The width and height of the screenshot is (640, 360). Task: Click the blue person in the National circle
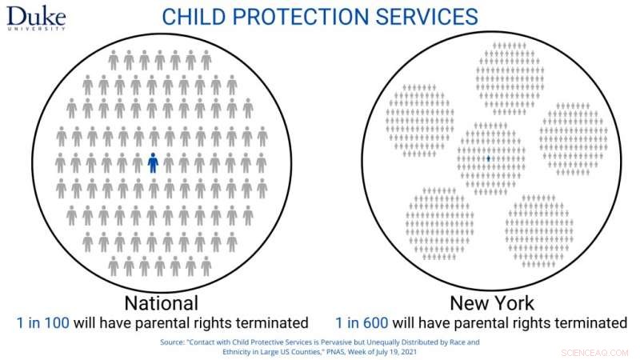pos(153,163)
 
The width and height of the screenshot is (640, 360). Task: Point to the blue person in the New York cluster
pos(488,159)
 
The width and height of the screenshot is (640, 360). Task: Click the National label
pos(161,304)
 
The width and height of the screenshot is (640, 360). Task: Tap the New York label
pos(492,304)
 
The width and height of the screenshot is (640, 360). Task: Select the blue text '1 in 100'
pos(42,323)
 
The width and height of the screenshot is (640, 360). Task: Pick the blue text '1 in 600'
pos(362,323)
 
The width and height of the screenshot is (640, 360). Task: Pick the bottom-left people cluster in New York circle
pos(439,224)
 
